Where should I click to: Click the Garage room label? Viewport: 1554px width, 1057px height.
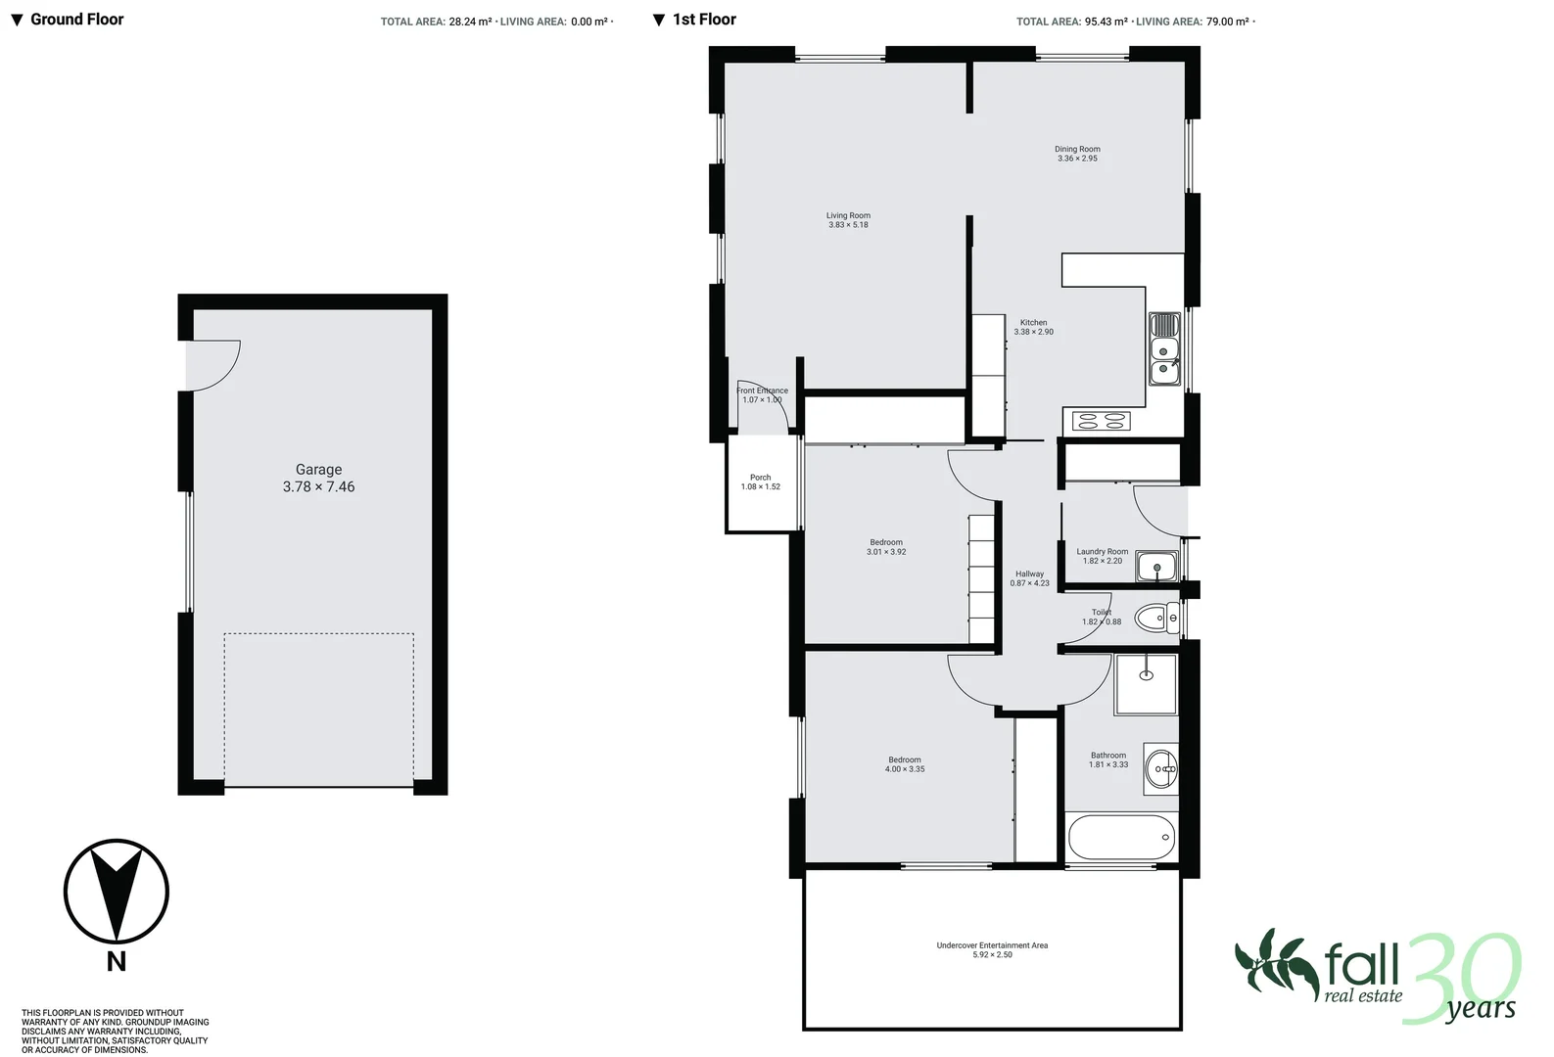[318, 470]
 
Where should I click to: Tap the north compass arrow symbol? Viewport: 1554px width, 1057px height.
[117, 892]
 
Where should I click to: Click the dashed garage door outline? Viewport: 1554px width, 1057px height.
[318, 709]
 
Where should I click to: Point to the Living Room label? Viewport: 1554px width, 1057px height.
[848, 216]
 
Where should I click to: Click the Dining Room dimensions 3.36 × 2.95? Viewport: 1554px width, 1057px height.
[1077, 159]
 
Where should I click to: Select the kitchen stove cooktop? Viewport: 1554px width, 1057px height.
[1101, 422]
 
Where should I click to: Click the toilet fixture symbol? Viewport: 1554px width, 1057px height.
[1156, 618]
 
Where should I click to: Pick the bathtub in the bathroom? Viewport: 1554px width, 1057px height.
[1121, 837]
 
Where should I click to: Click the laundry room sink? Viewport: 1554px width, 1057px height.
[1156, 567]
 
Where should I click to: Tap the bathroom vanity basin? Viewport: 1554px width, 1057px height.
[1162, 769]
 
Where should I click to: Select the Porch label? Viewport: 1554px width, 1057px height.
[761, 478]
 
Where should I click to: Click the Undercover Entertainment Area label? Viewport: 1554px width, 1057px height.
[992, 945]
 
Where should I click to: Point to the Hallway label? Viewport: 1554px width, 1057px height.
[1029, 574]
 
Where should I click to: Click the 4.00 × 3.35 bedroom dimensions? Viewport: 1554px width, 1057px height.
[905, 769]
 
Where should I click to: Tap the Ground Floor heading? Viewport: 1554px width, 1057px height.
[76, 20]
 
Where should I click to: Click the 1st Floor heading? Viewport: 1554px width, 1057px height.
[704, 20]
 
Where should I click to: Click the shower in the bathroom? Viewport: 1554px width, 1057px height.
[1146, 685]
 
